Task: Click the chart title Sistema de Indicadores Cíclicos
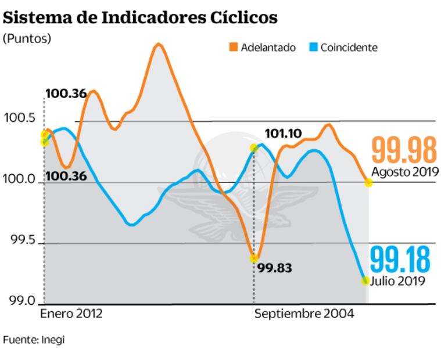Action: coord(140,18)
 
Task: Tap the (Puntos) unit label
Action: coord(27,39)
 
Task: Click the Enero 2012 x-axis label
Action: coord(71,314)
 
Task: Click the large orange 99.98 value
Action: coord(404,150)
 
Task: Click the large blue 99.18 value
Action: coord(401,259)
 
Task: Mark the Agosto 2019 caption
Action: coord(403,172)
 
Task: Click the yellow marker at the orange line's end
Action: coord(368,182)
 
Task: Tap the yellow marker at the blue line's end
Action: coord(365,280)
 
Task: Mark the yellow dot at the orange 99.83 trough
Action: coord(254,258)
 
